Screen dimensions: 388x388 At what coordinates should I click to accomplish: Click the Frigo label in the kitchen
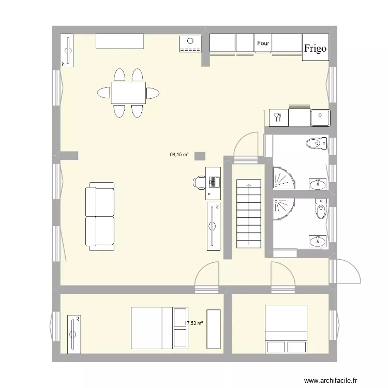(315, 49)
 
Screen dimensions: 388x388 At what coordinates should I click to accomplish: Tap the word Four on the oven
(263, 44)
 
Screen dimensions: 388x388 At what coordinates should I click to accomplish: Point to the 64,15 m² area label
(179, 154)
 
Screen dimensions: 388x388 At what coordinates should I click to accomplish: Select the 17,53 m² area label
(194, 323)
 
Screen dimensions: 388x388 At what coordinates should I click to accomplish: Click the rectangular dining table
(128, 93)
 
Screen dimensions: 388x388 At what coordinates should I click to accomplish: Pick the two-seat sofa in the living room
(100, 216)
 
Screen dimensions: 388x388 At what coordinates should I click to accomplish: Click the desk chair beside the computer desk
(200, 182)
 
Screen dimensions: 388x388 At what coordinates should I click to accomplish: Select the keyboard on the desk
(214, 182)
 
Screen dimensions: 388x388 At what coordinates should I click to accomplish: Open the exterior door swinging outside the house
(346, 270)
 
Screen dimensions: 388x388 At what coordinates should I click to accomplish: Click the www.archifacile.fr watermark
(331, 380)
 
